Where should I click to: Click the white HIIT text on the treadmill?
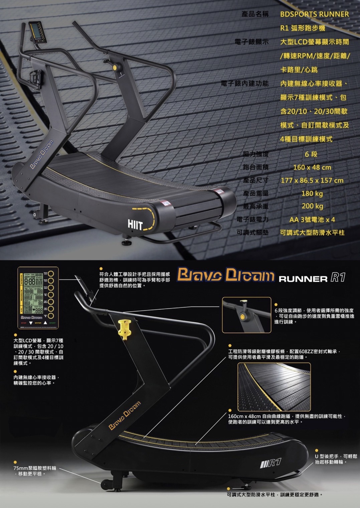pos(135,225)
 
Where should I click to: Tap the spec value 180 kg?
pos(312,194)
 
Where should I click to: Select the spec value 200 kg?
pos(312,206)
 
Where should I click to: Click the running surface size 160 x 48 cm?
pos(312,167)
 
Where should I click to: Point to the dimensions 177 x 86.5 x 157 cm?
pos(312,180)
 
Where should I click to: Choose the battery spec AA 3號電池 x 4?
pos(312,220)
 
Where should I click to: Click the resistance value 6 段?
pos(311,154)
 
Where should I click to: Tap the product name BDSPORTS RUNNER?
pos(314,14)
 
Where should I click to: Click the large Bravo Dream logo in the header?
pos(225,275)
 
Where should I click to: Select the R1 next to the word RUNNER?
pos(338,277)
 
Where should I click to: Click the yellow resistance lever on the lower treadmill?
pos(125,329)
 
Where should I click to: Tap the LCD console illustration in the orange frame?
pos(38,297)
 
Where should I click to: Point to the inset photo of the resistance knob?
pos(246,315)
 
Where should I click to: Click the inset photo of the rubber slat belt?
pos(274,387)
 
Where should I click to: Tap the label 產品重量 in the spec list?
pos(256,194)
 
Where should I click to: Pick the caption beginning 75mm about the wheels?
pos(35,471)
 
